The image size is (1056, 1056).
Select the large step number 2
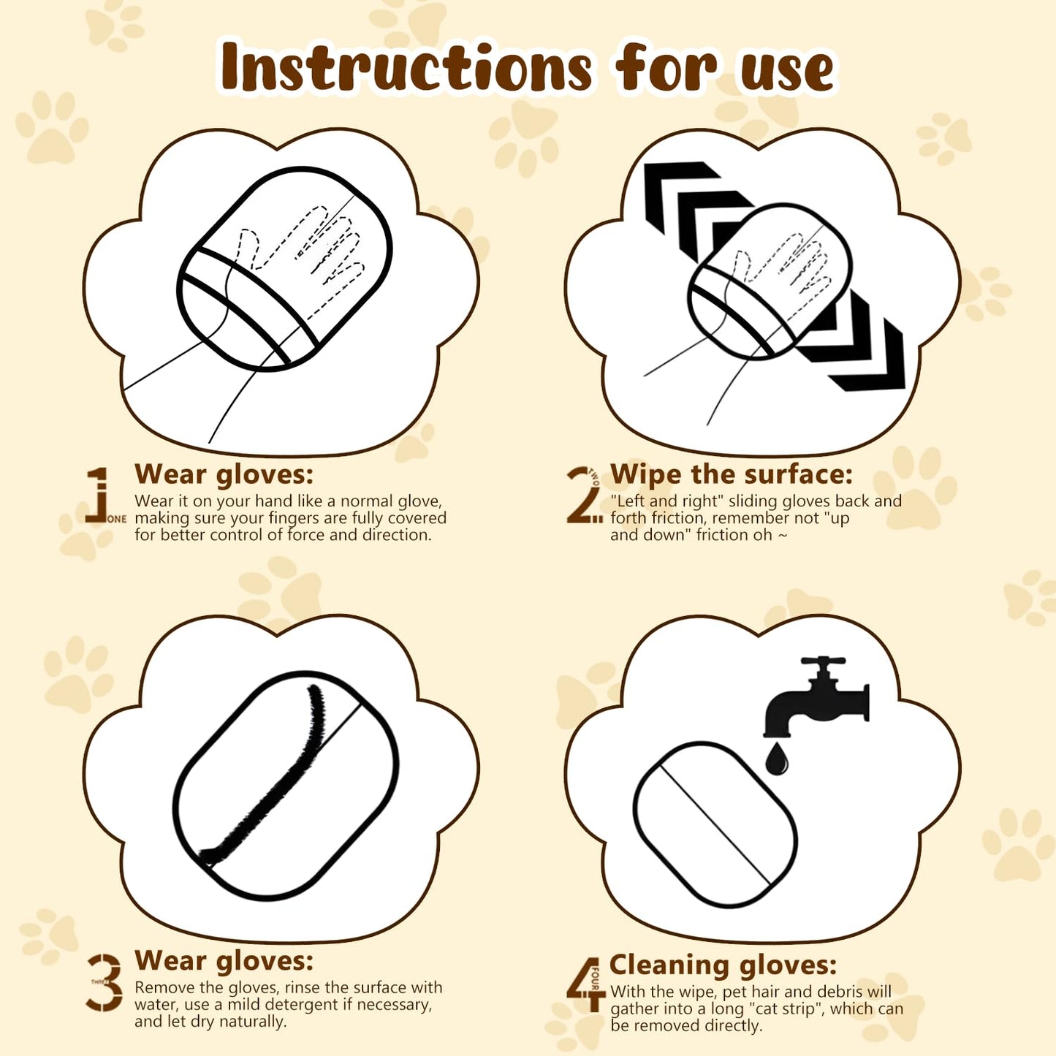click(582, 494)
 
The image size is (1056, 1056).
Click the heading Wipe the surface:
click(732, 474)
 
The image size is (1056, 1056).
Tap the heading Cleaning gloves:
click(723, 966)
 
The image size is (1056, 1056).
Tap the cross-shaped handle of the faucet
click(823, 662)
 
